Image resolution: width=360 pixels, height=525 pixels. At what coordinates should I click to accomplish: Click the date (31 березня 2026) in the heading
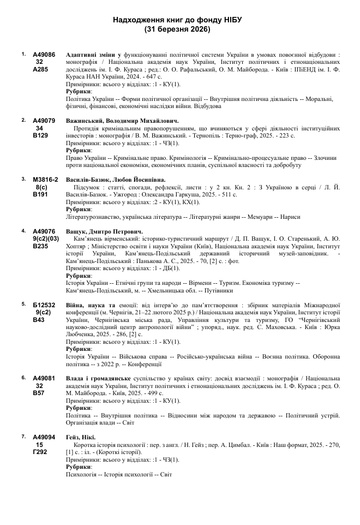pyautogui.click(x=178, y=29)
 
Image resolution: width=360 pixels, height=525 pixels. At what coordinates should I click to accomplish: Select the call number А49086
pyautogui.click(x=44, y=55)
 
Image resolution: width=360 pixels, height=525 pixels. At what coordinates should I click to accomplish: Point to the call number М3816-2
pyautogui.click(x=45, y=180)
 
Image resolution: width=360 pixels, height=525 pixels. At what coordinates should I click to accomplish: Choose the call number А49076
pyautogui.click(x=44, y=231)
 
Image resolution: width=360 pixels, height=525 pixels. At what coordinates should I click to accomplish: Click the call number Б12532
pyautogui.click(x=44, y=305)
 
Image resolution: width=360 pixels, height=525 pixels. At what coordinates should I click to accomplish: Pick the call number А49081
pyautogui.click(x=44, y=378)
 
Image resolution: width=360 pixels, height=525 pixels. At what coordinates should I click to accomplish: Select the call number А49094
pyautogui.click(x=44, y=437)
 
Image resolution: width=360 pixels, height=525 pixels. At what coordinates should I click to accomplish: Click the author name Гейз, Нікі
pyautogui.click(x=80, y=437)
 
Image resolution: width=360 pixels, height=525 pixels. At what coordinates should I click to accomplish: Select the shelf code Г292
pyautogui.click(x=40, y=452)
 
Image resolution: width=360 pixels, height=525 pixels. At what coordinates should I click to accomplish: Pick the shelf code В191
pyautogui.click(x=40, y=194)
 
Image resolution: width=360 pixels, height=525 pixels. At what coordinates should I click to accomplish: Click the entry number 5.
pyautogui.click(x=23, y=303)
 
